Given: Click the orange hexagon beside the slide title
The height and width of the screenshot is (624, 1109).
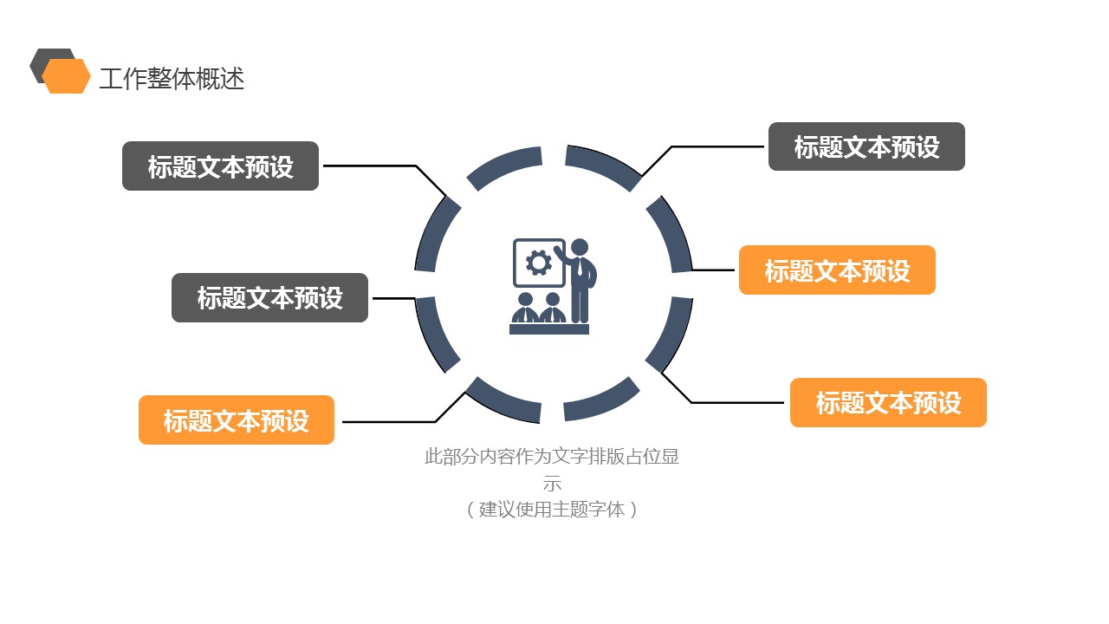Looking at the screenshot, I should click(67, 76).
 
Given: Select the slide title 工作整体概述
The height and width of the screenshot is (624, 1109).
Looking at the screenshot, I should click(172, 79).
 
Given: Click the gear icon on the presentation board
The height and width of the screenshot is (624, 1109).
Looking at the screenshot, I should click(539, 262).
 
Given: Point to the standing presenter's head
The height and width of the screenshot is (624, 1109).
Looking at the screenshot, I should click(580, 247).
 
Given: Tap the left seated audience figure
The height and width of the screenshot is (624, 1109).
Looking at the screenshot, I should click(524, 309).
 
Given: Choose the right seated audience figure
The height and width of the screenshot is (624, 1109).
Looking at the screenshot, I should click(551, 309).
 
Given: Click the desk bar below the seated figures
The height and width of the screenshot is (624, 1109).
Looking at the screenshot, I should click(549, 329).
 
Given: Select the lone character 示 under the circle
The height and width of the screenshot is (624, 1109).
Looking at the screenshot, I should click(552, 484).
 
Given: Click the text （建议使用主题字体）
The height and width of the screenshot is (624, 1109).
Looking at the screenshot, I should click(552, 510).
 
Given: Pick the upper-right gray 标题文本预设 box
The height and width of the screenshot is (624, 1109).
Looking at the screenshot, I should click(866, 146).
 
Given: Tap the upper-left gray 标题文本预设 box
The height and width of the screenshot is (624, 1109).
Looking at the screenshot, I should click(220, 166).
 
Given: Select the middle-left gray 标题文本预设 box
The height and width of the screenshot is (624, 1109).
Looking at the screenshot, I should click(269, 298).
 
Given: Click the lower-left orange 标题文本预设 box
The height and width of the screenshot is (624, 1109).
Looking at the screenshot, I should click(237, 420).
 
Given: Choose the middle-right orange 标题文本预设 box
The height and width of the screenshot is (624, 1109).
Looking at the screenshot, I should click(837, 270).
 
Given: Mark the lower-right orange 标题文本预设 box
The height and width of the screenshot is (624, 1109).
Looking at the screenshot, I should click(888, 403).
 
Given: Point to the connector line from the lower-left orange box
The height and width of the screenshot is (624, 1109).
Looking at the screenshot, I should click(390, 422).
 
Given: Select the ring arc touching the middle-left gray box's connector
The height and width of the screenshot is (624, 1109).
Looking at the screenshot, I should click(436, 334).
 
